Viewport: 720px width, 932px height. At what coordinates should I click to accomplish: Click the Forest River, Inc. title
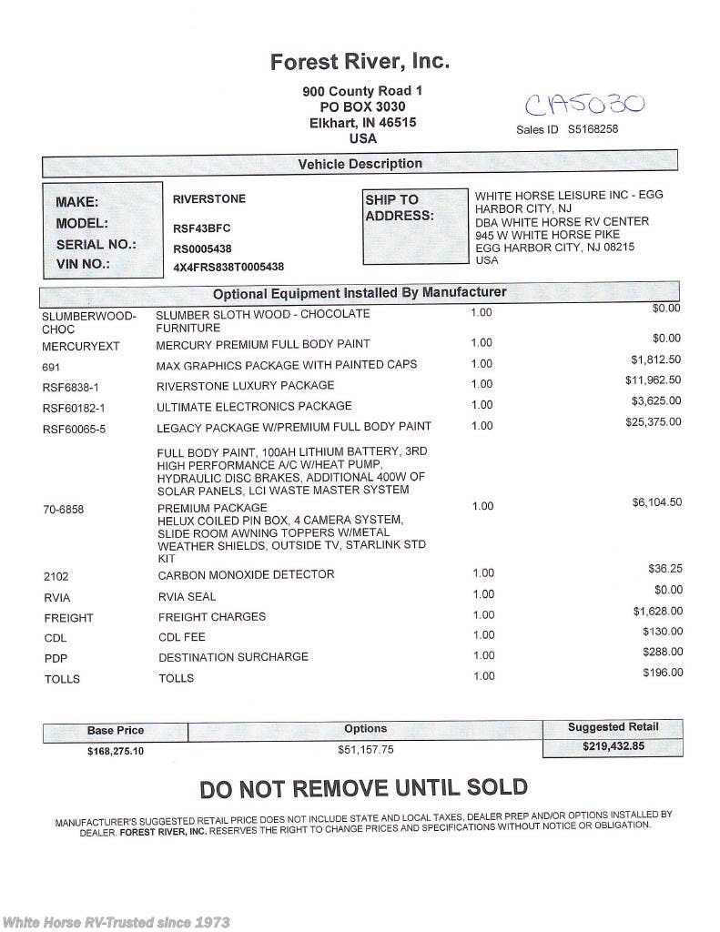(360, 62)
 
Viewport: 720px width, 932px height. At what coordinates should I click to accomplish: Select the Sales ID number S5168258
(593, 129)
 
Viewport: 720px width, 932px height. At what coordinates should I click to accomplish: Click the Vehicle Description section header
(360, 164)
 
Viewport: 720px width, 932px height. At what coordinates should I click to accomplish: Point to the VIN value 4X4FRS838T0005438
(228, 267)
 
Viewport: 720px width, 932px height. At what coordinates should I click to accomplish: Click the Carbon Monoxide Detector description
(246, 574)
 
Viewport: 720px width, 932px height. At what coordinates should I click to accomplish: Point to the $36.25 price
(664, 569)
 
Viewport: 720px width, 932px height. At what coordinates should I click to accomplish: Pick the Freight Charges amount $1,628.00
(657, 611)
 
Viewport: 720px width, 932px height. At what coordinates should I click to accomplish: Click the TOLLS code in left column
(62, 679)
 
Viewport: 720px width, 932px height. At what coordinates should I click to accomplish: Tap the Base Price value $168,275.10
(116, 752)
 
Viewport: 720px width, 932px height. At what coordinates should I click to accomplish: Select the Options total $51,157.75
(365, 750)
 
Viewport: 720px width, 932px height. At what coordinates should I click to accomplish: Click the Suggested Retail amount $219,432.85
(613, 745)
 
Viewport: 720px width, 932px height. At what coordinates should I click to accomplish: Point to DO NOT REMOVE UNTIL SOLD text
(363, 788)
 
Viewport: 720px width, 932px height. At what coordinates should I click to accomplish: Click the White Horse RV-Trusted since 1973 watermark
(116, 922)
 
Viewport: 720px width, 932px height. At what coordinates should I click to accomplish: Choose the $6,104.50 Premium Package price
(656, 502)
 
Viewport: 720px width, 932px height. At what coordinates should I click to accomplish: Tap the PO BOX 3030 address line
(362, 106)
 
